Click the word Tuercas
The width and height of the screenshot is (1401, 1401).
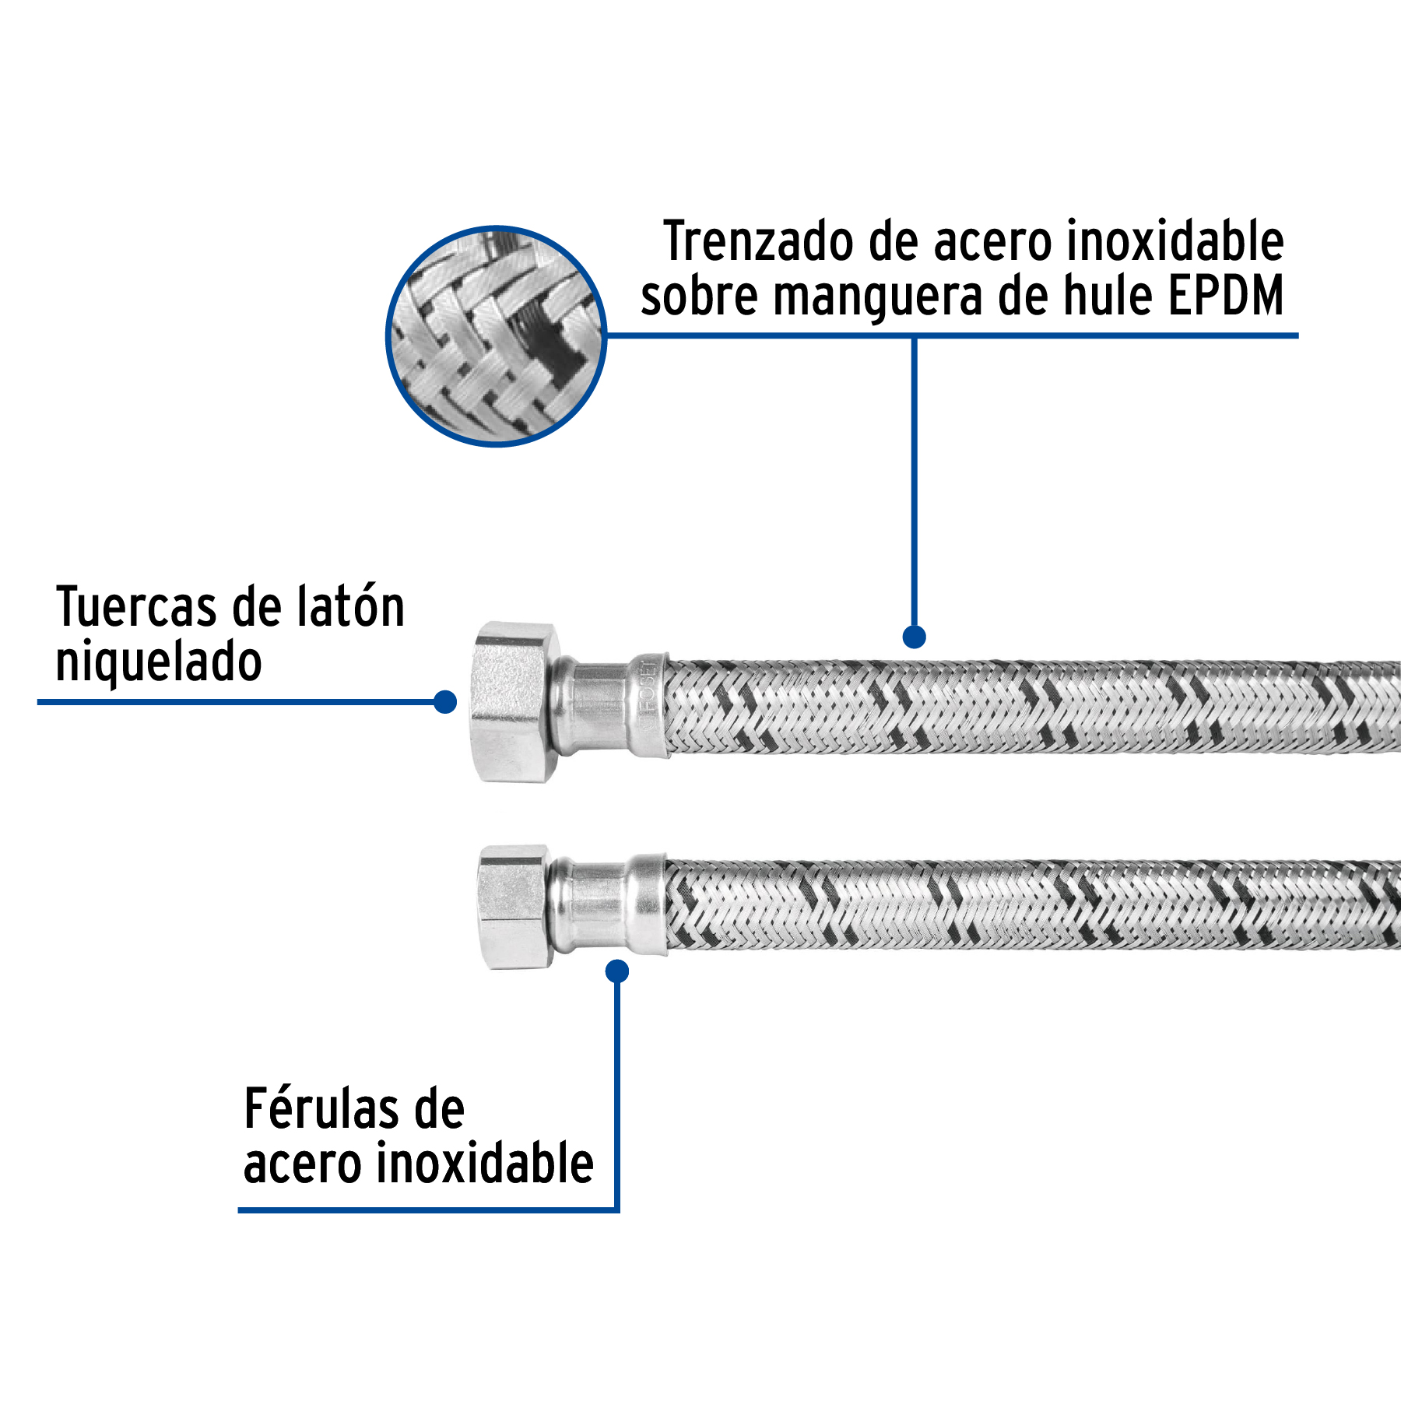click(137, 608)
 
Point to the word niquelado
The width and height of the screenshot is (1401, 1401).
click(159, 662)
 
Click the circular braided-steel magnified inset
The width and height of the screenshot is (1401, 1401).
click(496, 336)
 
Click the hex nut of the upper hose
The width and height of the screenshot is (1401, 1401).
click(514, 702)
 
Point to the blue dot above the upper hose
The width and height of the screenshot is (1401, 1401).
click(914, 637)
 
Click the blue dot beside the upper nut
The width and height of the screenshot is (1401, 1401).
click(445, 702)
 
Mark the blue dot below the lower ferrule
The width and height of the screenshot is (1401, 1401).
click(617, 971)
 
